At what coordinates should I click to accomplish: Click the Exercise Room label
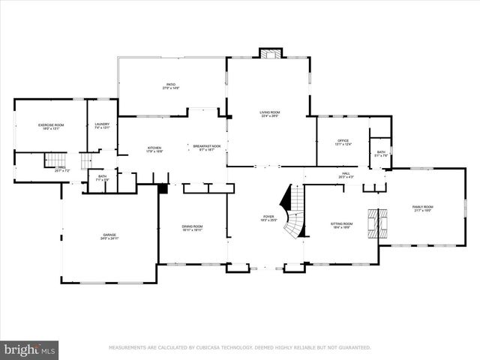pos(50,127)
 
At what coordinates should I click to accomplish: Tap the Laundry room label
pos(102,126)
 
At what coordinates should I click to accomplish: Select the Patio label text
pos(171,86)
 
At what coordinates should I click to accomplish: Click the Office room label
pos(343,142)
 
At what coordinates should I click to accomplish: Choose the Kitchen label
pos(154,149)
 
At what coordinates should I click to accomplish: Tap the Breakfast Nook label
pos(206,148)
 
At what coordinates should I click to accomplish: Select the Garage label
pos(109,236)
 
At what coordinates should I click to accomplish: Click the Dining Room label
pos(192,228)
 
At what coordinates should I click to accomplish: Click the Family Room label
pos(424,208)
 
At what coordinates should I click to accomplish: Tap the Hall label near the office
pos(346,175)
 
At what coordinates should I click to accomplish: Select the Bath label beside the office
pos(381,154)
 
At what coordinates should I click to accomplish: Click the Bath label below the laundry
pos(102,178)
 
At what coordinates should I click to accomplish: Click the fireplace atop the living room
pos(269,53)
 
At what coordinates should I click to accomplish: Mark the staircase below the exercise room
pos(52,159)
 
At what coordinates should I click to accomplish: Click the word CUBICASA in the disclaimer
pos(226,348)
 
